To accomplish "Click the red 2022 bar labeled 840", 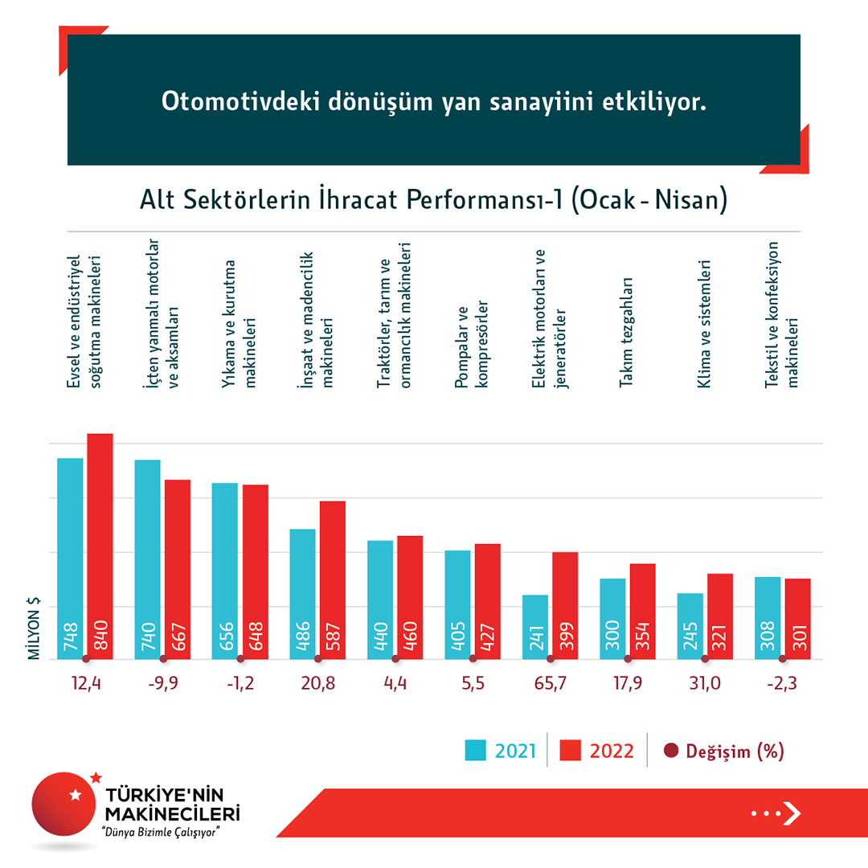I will click(x=100, y=547).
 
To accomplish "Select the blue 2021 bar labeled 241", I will click(x=535, y=627).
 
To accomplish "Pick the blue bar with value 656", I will click(x=225, y=571).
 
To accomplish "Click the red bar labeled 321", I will click(x=720, y=616).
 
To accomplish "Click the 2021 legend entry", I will click(x=501, y=751).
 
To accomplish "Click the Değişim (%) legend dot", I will click(x=672, y=751).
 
